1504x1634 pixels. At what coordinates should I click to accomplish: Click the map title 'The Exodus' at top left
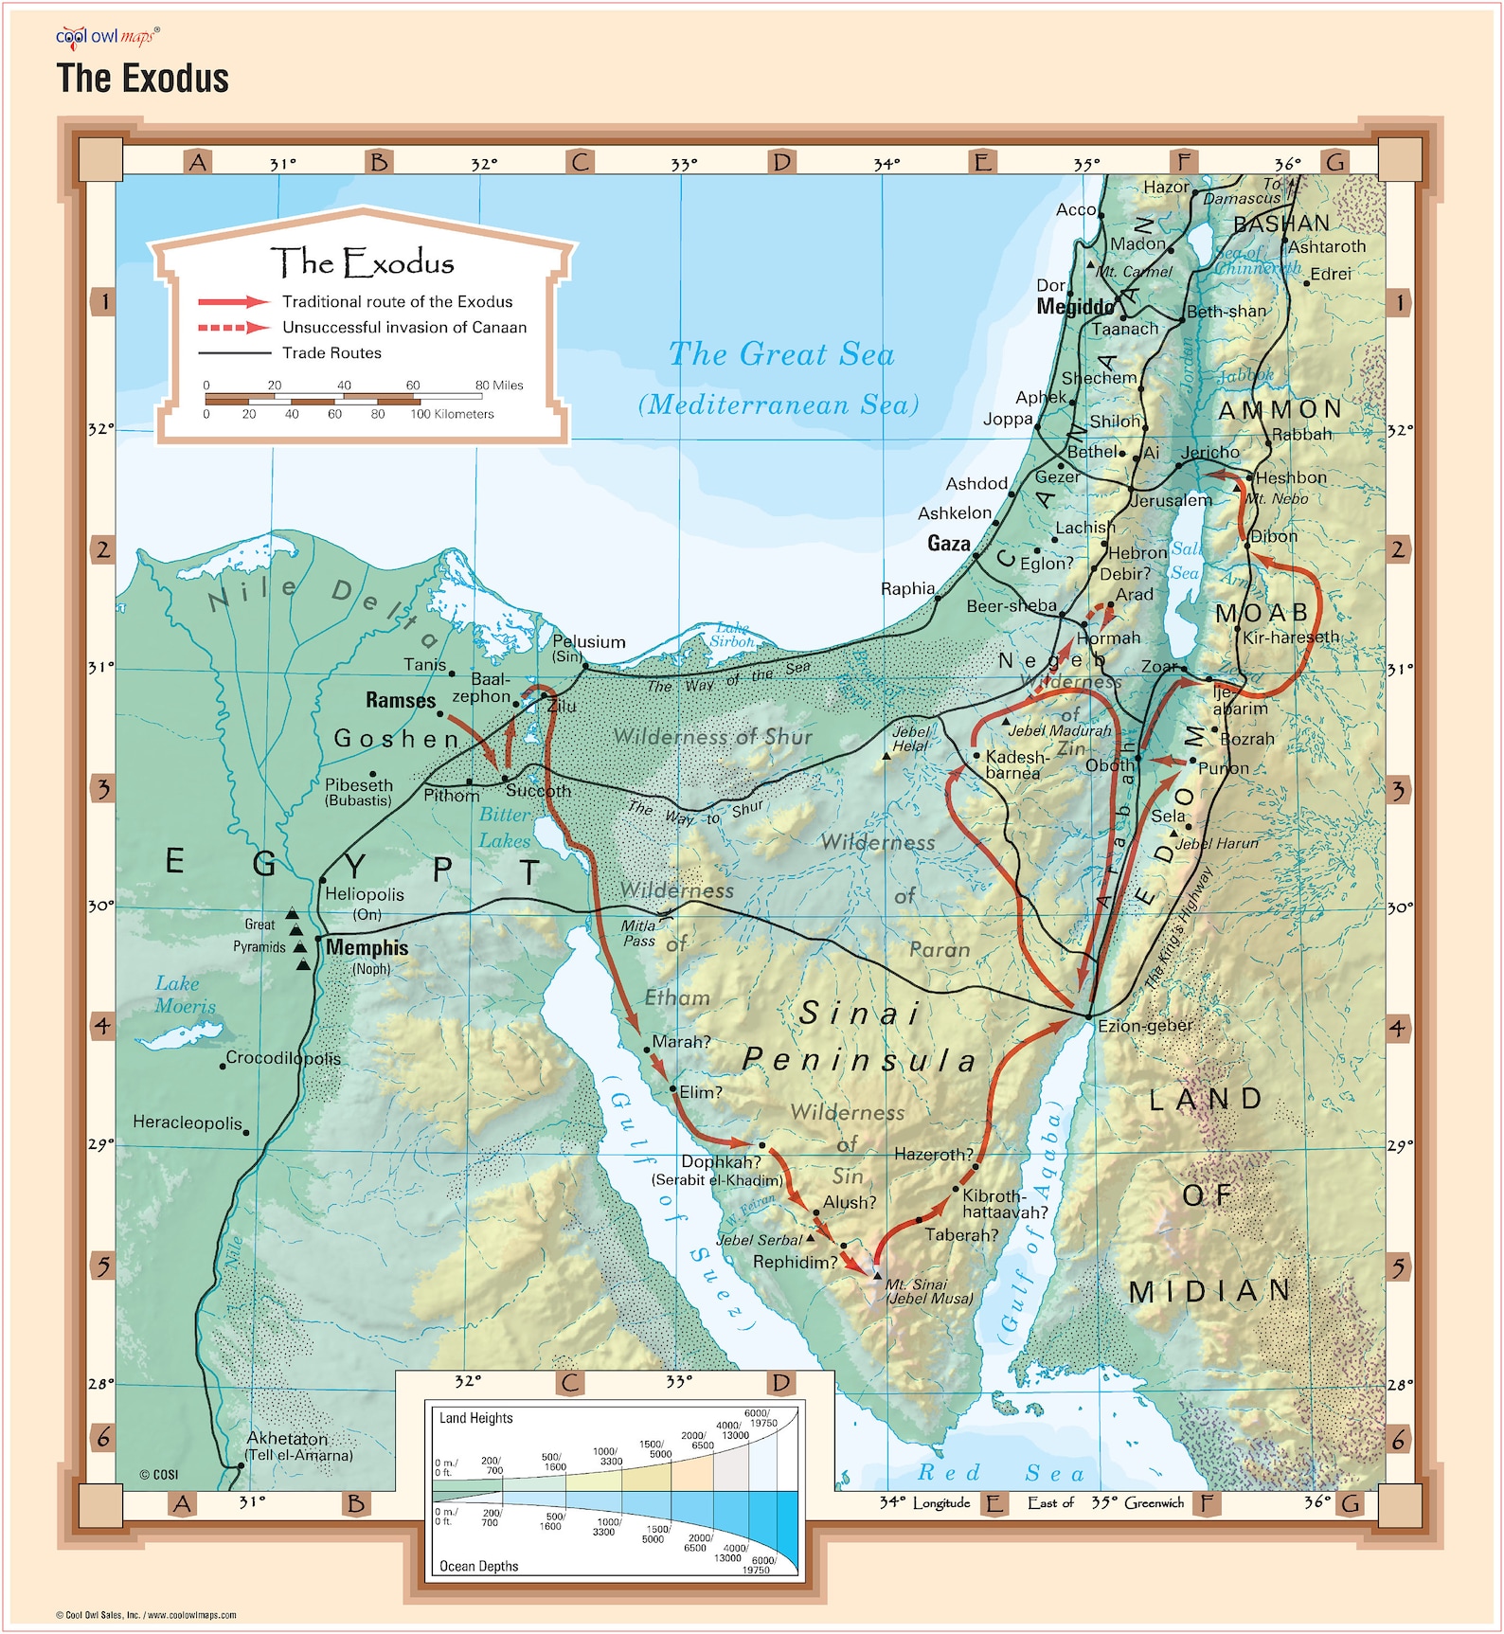[142, 78]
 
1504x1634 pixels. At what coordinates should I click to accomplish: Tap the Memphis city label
[367, 947]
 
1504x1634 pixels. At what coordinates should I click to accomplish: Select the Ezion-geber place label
[1145, 1025]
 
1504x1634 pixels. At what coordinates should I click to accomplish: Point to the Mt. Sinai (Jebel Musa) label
[928, 1291]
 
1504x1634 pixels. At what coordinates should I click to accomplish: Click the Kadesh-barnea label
[1017, 764]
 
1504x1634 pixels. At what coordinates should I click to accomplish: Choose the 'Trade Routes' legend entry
[331, 352]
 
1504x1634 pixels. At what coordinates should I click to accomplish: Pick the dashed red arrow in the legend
[233, 328]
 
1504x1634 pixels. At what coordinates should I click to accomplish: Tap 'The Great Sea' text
[781, 354]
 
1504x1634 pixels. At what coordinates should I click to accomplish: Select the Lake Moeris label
[185, 995]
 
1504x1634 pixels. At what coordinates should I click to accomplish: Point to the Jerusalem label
[1171, 499]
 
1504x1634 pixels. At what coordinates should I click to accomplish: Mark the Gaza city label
[948, 543]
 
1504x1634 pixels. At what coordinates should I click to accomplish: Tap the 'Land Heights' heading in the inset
[475, 1417]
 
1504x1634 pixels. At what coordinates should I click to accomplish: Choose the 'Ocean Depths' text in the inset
[478, 1566]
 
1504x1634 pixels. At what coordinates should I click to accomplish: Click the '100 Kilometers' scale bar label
[452, 414]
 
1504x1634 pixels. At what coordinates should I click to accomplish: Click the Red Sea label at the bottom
[1000, 1473]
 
